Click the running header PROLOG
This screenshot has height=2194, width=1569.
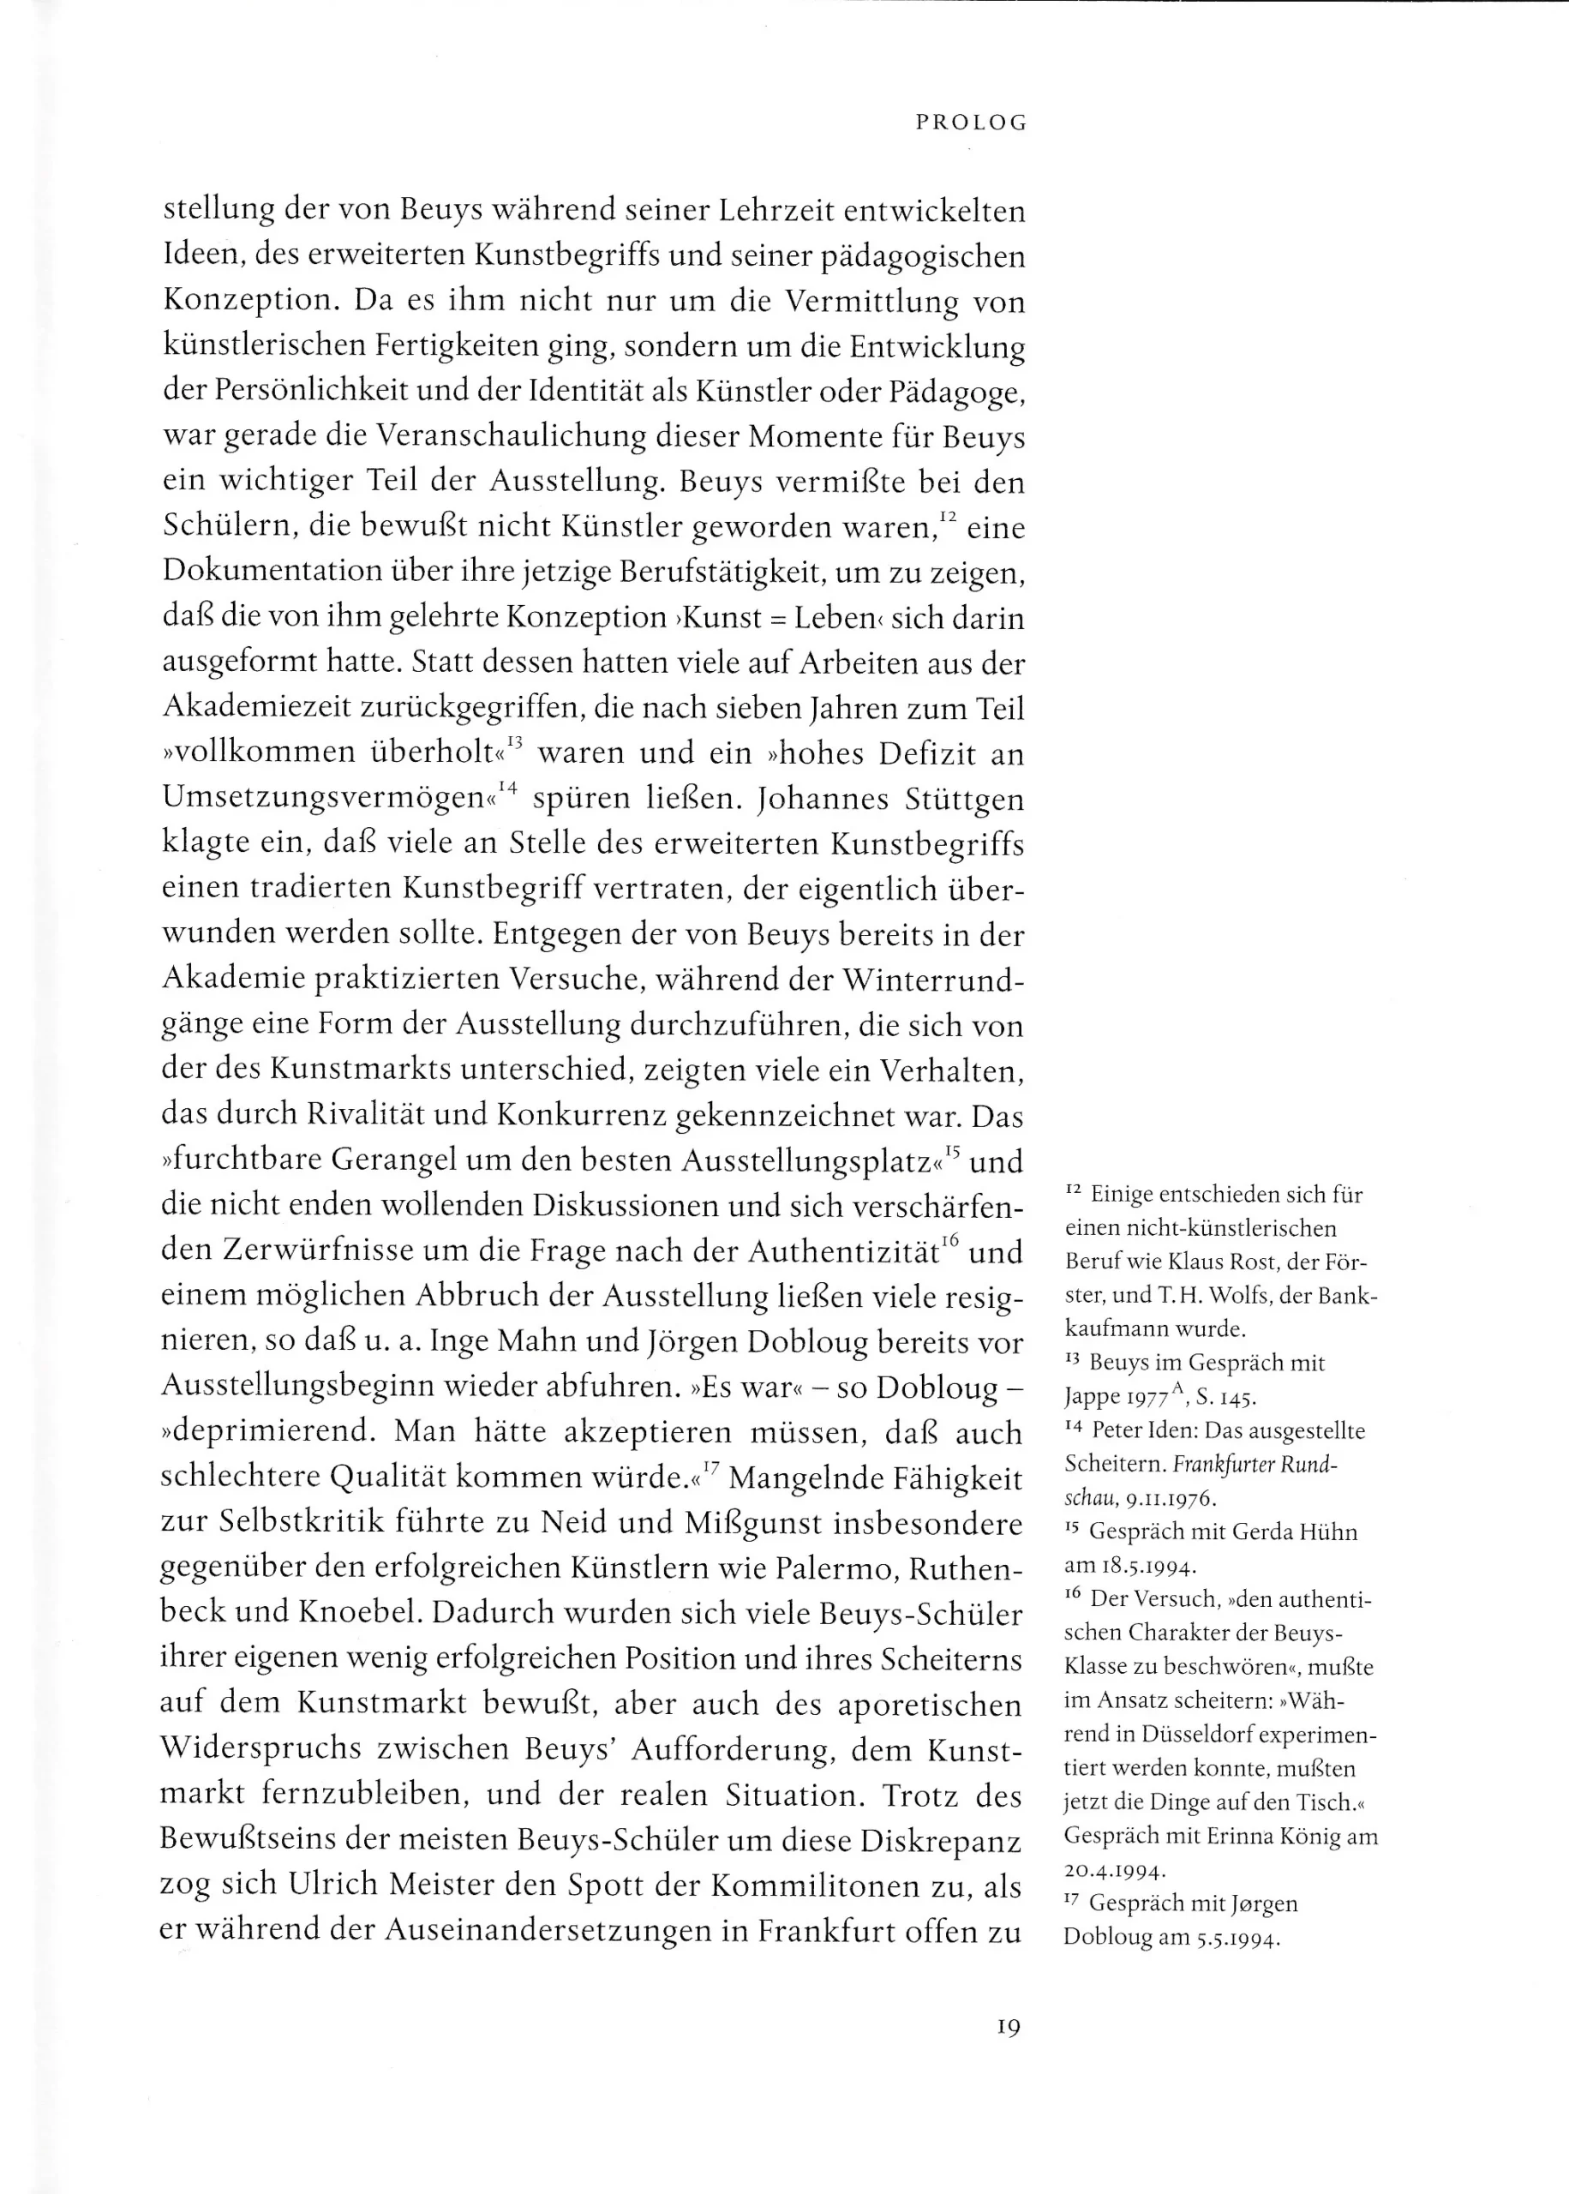(x=971, y=123)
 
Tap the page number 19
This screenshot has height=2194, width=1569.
(x=1008, y=2027)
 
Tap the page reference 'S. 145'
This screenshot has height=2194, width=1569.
(x=1227, y=1397)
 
